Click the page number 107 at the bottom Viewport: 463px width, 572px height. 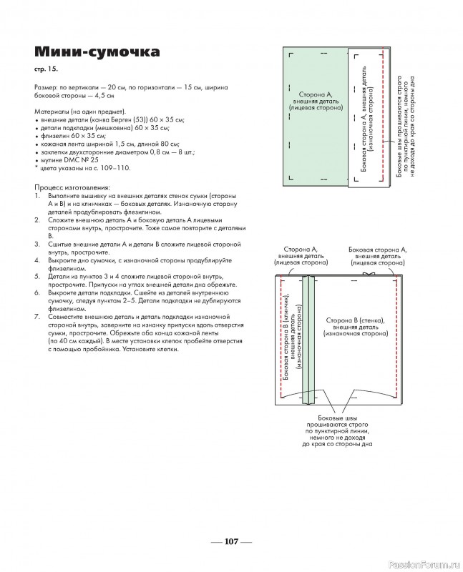(231, 541)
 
